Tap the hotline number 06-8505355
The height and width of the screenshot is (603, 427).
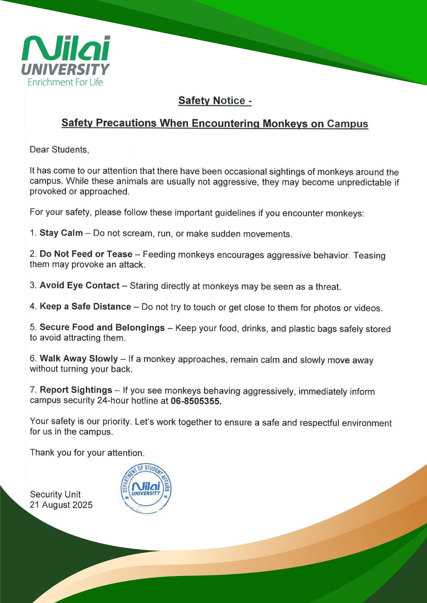point(196,401)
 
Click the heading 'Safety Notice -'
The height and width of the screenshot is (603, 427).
point(215,100)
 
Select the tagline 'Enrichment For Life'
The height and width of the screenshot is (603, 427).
point(65,82)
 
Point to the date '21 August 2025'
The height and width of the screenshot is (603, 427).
point(61,505)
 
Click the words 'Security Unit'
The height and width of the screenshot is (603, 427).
point(55,494)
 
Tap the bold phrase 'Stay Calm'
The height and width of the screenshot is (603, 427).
point(61,233)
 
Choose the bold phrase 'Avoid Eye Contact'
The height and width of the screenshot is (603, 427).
point(80,285)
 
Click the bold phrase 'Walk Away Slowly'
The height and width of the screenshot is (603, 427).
point(79,358)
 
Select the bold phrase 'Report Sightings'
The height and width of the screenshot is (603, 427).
point(76,390)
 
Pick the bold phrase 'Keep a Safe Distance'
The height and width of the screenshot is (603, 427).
point(85,306)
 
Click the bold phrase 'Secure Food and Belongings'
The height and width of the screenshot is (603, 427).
point(102,327)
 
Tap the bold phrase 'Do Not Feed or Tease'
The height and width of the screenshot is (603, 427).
point(86,254)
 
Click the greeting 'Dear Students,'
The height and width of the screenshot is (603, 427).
point(59,150)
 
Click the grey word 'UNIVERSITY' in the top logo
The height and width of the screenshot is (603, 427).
point(66,69)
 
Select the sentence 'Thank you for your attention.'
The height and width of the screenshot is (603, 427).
point(87,453)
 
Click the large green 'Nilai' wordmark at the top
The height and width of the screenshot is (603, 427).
point(66,48)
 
